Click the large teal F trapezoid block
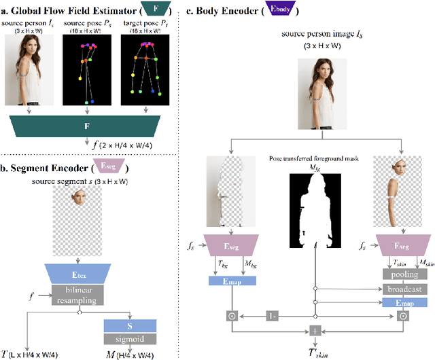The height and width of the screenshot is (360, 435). click(x=86, y=126)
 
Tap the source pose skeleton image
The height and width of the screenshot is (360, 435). click(x=86, y=69)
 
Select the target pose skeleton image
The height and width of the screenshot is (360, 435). click(x=143, y=69)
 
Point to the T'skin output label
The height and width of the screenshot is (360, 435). click(x=315, y=352)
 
